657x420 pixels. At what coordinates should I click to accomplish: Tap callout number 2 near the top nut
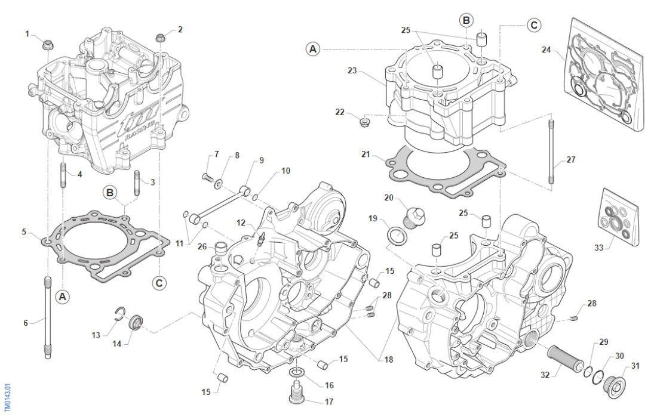click(x=180, y=29)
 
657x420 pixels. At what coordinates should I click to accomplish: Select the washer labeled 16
click(x=297, y=374)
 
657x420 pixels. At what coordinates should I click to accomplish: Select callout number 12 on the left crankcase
click(x=241, y=223)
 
